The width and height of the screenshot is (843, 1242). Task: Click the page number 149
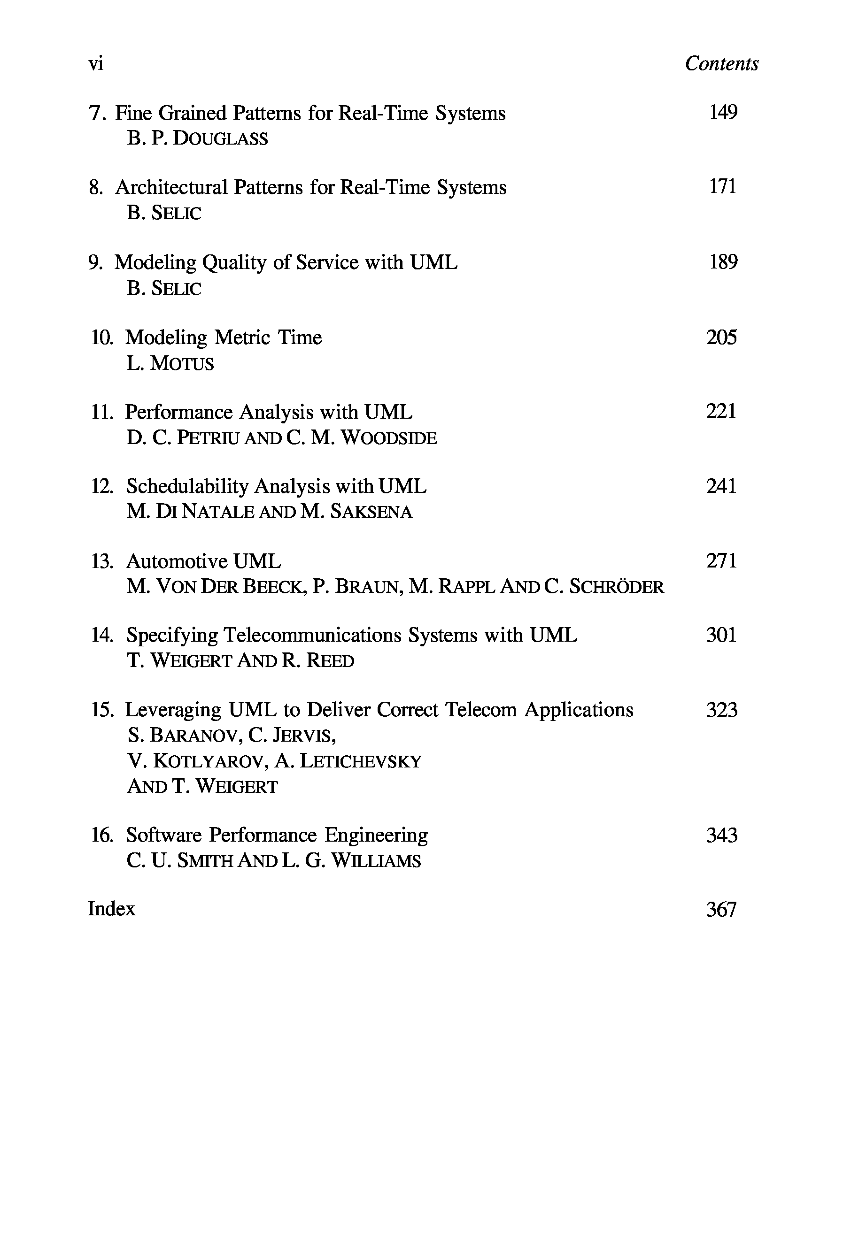(x=723, y=112)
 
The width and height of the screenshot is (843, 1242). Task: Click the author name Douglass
(x=221, y=139)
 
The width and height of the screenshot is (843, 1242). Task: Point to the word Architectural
(x=171, y=188)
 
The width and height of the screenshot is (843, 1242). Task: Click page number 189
(x=723, y=262)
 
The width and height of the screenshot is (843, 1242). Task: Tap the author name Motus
(x=182, y=364)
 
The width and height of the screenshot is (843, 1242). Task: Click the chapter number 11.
(x=101, y=412)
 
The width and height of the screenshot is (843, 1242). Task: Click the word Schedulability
(x=187, y=486)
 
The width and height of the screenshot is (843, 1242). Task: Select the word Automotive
(x=177, y=561)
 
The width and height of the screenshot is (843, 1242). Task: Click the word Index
(x=111, y=909)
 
